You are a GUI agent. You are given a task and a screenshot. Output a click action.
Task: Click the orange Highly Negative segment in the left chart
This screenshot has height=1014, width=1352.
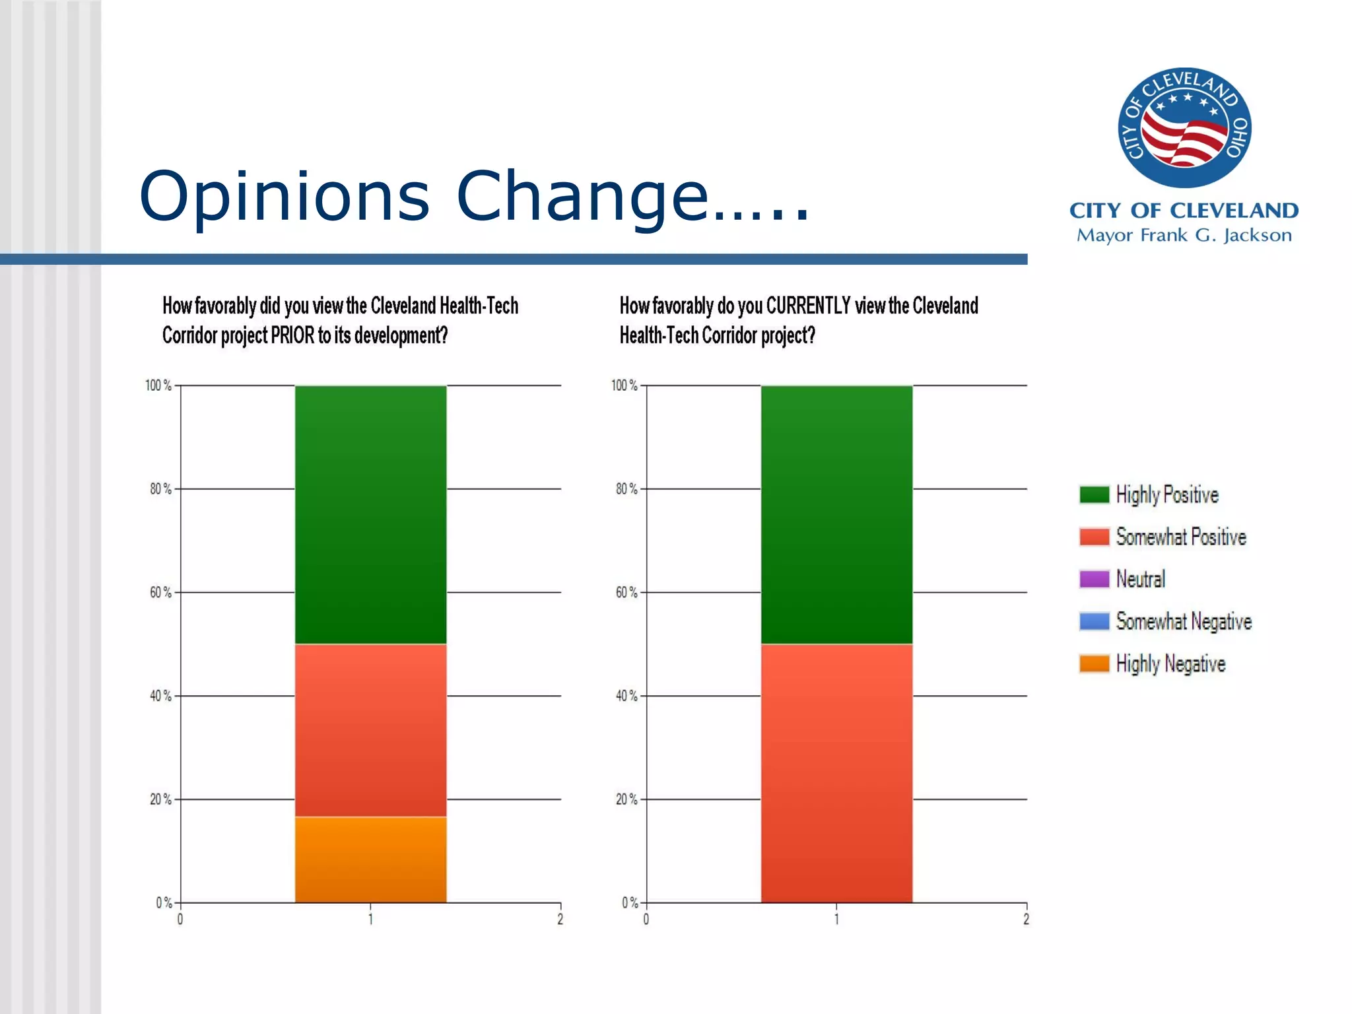370,860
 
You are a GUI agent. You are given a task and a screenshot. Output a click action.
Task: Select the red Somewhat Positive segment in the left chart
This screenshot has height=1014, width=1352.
370,730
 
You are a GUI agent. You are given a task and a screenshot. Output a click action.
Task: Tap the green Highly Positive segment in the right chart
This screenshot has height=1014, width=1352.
836,515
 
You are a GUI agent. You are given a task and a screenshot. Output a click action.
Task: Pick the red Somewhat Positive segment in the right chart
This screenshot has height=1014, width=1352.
836,772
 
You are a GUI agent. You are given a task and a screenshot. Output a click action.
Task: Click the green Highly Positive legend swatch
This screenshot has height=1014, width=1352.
1094,494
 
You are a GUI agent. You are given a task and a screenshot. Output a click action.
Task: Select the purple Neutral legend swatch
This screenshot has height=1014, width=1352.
1094,579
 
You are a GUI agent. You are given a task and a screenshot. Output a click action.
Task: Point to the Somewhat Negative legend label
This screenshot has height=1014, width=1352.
1183,621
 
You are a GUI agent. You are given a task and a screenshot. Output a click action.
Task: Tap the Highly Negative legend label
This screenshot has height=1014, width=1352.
1170,663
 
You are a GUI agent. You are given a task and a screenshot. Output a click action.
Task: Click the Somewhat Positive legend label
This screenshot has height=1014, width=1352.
1180,537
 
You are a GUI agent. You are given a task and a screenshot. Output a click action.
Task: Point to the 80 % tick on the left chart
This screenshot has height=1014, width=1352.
160,489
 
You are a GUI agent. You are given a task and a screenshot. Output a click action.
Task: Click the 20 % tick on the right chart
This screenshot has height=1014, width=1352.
626,799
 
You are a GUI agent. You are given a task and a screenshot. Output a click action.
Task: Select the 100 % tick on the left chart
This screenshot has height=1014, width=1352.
158,386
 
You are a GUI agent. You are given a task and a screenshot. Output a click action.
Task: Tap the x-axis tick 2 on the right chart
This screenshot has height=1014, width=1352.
1026,919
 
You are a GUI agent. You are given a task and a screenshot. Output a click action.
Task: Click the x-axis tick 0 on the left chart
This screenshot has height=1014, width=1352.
180,919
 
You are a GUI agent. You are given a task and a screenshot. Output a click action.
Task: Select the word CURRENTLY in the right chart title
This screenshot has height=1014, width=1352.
808,306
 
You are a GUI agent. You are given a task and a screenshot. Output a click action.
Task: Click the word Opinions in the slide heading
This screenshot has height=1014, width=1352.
285,196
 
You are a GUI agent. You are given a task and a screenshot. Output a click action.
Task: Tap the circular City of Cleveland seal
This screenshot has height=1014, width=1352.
1184,127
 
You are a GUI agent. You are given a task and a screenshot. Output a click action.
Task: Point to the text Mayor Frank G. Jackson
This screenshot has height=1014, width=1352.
1184,235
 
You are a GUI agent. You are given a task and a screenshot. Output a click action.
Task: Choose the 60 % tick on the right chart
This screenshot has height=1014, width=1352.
626,593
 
